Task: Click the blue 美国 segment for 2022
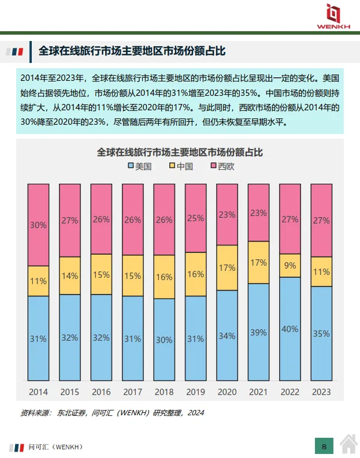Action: pos(290,329)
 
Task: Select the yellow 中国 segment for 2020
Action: pos(227,267)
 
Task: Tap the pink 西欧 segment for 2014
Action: pos(38,225)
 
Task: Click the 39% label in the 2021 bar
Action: pos(258,332)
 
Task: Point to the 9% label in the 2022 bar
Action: pos(290,266)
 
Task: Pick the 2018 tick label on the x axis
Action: pos(164,392)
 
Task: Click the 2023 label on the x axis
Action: pos(321,392)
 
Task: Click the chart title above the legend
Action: pos(180,152)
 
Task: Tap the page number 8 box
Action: pos(324,446)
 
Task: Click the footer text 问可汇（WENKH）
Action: pos(55,446)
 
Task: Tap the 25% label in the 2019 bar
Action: pos(195,218)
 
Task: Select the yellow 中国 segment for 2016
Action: pos(101,274)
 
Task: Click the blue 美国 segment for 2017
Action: pos(132,338)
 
